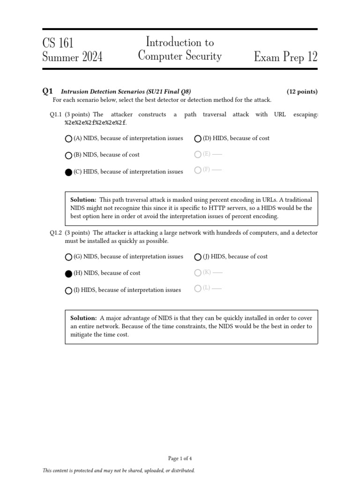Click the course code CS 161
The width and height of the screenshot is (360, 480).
tap(58, 43)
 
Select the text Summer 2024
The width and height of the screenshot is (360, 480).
tap(72, 57)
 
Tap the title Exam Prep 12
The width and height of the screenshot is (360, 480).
tap(285, 57)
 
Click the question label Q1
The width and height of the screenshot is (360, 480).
tap(47, 91)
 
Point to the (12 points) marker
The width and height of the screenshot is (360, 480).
tap(302, 92)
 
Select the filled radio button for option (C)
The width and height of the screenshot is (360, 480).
tap(69, 172)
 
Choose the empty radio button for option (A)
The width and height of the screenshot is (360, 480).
tap(69, 139)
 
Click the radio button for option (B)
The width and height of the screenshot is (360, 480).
tap(69, 155)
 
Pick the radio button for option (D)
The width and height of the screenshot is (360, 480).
tap(198, 139)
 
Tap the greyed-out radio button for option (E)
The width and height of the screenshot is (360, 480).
tap(198, 154)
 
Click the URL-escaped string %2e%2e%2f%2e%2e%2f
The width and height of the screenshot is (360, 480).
tap(96, 123)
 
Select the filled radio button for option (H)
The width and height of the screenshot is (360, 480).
tap(69, 273)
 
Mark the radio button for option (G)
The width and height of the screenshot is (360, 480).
tap(69, 257)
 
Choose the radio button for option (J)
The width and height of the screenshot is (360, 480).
tap(198, 257)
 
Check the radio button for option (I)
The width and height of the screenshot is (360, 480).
tap(69, 290)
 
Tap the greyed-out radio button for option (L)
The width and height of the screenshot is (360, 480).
tap(198, 288)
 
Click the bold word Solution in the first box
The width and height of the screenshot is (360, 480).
tap(83, 200)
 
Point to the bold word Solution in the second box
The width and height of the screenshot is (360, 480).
tap(83, 318)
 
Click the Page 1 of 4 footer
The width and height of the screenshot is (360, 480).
tap(180, 458)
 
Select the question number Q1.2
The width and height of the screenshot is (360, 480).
tap(56, 233)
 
